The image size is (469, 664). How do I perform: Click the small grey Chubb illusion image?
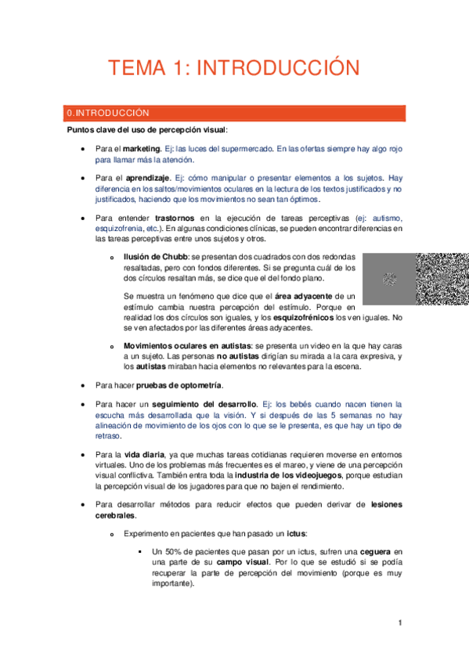coord(389,279)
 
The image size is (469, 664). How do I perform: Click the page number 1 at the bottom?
coord(399,623)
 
